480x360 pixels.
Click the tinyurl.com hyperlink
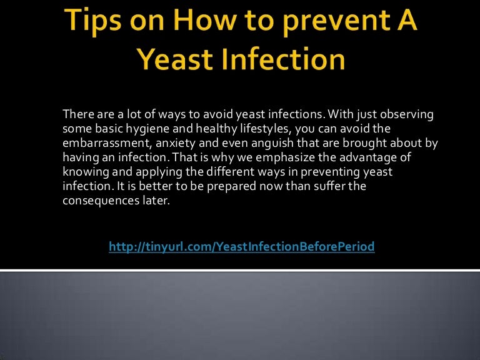pyautogui.click(x=242, y=247)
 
